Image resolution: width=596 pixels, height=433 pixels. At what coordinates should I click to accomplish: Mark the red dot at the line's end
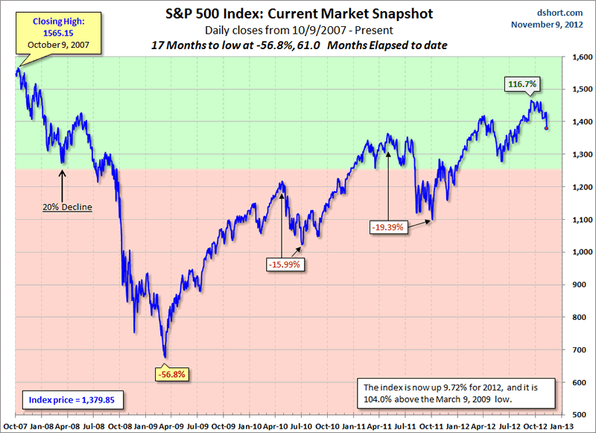click(546, 128)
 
